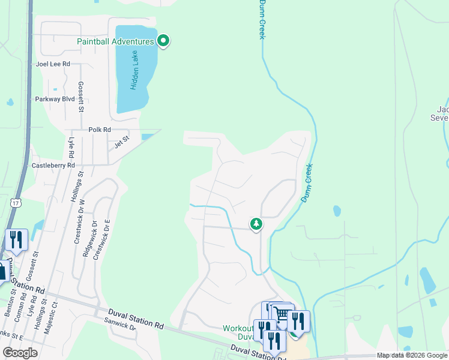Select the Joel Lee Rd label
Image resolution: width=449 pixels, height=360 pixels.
53,64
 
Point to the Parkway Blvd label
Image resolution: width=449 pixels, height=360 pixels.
55,99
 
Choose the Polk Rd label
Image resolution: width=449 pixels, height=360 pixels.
100,130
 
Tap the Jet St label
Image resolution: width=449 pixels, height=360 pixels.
122,145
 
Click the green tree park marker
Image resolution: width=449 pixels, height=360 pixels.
256,224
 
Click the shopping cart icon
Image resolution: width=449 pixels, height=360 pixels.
282,314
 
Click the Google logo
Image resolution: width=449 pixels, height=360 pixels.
20,353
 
